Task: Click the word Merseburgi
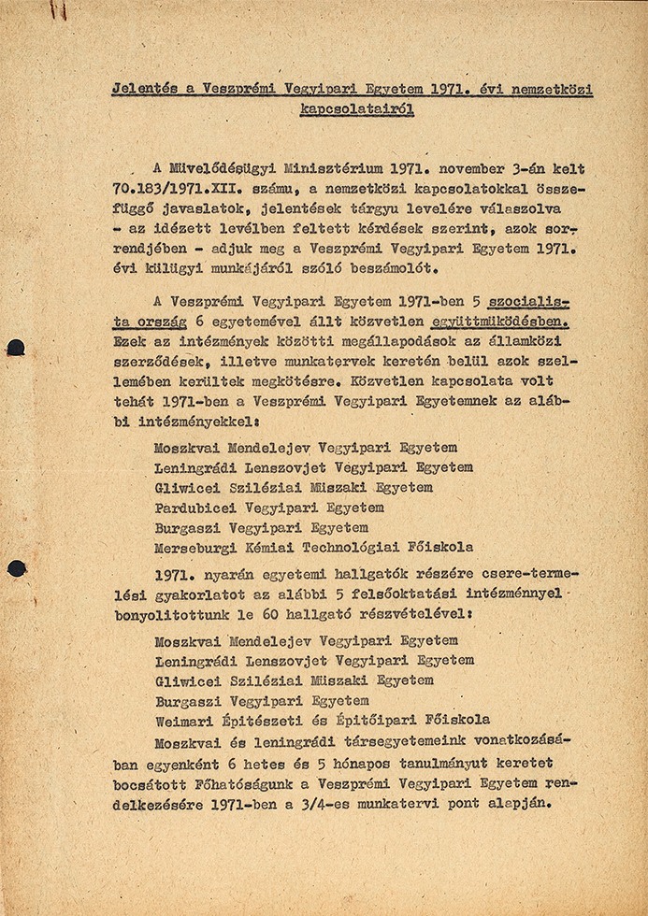(194, 548)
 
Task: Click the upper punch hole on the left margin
(15, 349)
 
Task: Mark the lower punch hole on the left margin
(16, 567)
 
